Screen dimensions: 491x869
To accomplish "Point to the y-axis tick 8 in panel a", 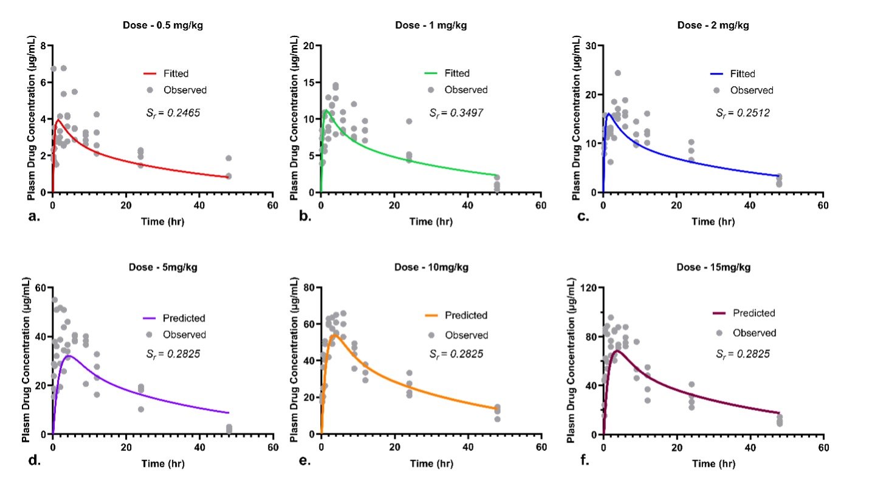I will point(44,46).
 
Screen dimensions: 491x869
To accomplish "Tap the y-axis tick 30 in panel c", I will point(592,46).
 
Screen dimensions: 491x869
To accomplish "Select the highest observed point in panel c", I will point(617,73).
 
